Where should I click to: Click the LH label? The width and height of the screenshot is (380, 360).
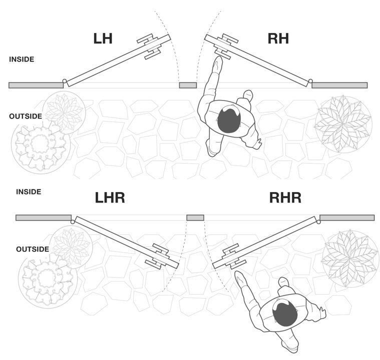tap(103, 38)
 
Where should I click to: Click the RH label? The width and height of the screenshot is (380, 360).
tap(278, 38)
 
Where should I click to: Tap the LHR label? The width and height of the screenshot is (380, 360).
tap(110, 197)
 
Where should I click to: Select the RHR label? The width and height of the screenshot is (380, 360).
tap(285, 197)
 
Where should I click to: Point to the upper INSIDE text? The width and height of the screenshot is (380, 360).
tap(22, 59)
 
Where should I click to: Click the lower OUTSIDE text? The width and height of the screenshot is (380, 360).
tap(33, 249)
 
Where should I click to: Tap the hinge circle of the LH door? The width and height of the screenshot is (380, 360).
tap(65, 81)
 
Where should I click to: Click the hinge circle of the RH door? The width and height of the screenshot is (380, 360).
tap(310, 81)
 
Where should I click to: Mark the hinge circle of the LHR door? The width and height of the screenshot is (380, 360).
tap(73, 221)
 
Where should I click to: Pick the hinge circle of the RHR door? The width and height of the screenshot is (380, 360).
tap(318, 221)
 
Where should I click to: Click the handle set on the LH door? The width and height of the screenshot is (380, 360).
tap(149, 46)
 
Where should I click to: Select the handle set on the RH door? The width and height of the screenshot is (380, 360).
tap(225, 46)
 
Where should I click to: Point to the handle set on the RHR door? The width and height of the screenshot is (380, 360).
tap(234, 256)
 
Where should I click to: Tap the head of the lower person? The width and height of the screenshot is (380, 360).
tap(285, 313)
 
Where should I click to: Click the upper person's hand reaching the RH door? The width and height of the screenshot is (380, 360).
tap(218, 63)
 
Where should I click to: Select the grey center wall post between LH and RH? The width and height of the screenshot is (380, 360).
tap(188, 85)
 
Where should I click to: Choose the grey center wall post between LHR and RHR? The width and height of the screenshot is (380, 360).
tap(195, 217)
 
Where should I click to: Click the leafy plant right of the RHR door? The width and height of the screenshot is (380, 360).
tap(350, 258)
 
